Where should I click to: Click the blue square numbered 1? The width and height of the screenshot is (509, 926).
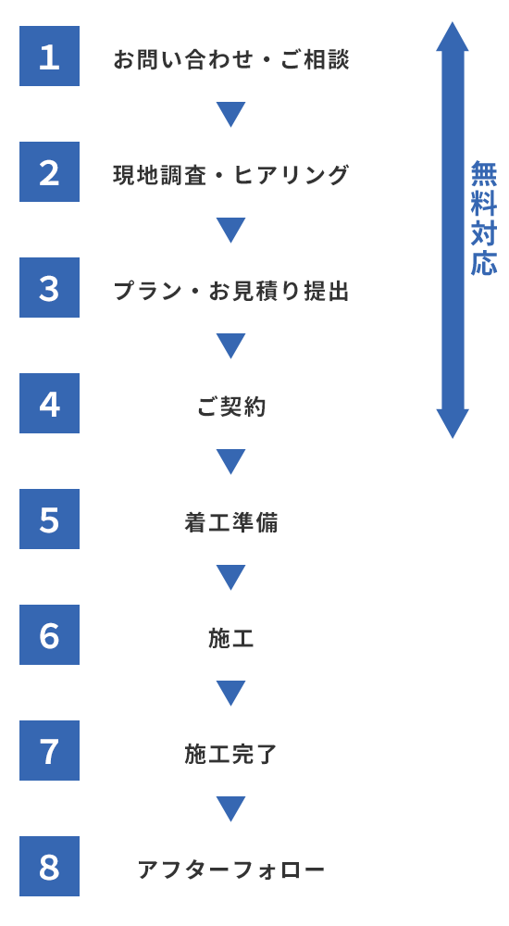coord(50,56)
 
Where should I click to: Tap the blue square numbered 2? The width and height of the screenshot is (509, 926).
coord(50,172)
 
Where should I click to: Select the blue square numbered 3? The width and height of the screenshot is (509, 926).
coord(50,288)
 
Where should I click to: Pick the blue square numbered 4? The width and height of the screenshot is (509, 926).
coord(50,404)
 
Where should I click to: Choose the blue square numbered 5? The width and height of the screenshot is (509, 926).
coord(50,519)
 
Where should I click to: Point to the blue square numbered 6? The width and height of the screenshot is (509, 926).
coord(50,635)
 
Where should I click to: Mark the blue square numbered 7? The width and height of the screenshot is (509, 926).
coord(50,751)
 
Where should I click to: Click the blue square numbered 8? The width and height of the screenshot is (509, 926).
coord(50,867)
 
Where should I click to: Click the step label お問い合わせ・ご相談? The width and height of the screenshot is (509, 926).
coord(231,59)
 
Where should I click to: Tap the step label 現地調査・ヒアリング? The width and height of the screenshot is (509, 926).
coord(231,175)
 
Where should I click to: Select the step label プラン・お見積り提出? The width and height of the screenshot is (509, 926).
coord(231,291)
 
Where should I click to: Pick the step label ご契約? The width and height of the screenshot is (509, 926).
coord(231,407)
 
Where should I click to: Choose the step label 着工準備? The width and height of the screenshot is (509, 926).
coord(231,522)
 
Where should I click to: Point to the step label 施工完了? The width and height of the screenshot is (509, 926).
coord(231,754)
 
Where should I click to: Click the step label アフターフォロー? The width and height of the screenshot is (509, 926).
coord(231,870)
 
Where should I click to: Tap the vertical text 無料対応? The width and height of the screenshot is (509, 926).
coord(484,218)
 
